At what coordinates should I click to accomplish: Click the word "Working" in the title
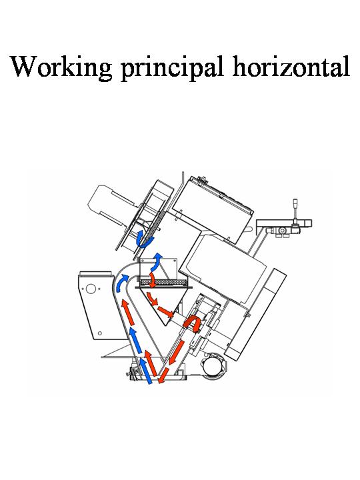pyautogui.click(x=61, y=67)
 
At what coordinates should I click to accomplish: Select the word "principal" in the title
pyautogui.click(x=173, y=67)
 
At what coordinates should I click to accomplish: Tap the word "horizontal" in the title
pyautogui.click(x=291, y=66)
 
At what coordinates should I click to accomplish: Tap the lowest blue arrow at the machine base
pyautogui.click(x=146, y=371)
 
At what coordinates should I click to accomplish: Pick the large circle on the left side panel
pyautogui.click(x=91, y=289)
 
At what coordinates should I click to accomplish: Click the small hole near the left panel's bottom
pyautogui.click(x=100, y=333)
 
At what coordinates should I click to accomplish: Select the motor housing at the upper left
pyautogui.click(x=111, y=205)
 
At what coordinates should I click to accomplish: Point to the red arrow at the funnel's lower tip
pyautogui.click(x=165, y=311)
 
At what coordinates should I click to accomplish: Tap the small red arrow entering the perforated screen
pyautogui.click(x=152, y=281)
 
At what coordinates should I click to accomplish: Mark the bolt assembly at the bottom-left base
pyautogui.click(x=131, y=373)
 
